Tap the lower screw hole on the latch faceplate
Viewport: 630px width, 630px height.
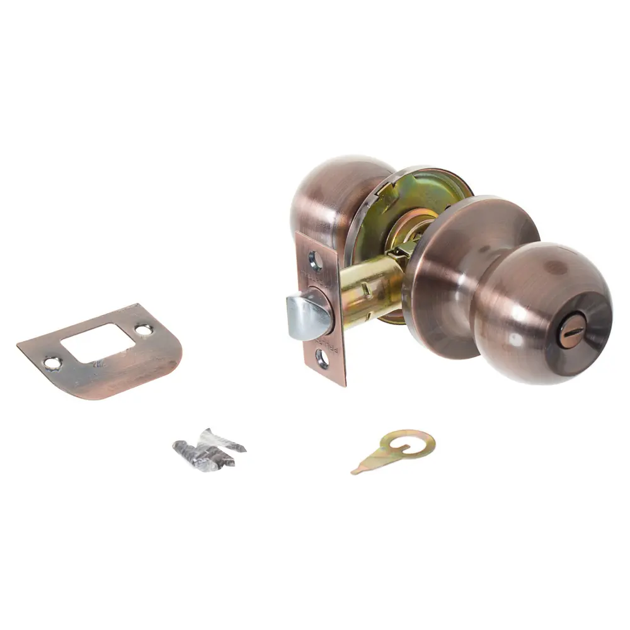[322, 358]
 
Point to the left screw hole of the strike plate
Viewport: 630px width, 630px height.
[52, 362]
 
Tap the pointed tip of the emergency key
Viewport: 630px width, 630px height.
[355, 471]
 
